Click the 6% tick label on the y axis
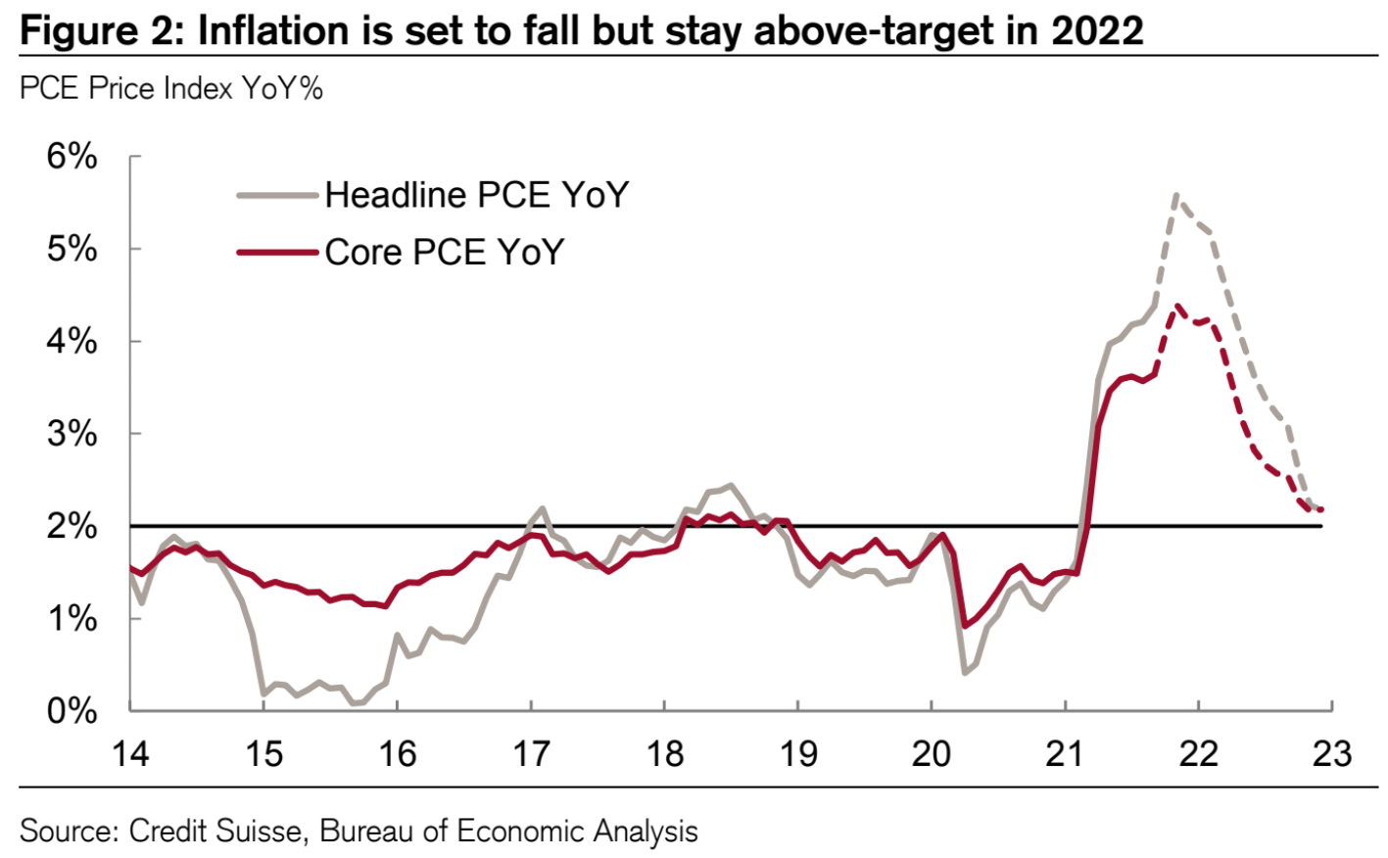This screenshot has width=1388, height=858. (x=72, y=157)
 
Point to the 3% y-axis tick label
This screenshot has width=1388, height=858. (x=72, y=434)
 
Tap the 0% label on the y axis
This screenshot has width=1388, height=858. (x=72, y=711)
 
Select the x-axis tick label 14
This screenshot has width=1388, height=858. (x=130, y=753)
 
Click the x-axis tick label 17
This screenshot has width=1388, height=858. (x=531, y=753)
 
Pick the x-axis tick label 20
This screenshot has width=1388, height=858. (x=931, y=753)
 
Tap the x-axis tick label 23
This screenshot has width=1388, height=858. (x=1331, y=753)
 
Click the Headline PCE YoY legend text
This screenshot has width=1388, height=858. (x=476, y=195)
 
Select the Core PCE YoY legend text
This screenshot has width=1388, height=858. (x=445, y=253)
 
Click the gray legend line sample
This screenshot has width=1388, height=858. (x=278, y=196)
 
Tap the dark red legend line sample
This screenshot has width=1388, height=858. (x=278, y=253)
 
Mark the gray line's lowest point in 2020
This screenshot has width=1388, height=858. (x=965, y=673)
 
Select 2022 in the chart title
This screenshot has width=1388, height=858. (x=1097, y=31)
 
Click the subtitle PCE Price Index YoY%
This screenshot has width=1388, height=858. (x=171, y=89)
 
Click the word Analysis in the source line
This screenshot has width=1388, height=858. (x=638, y=832)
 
